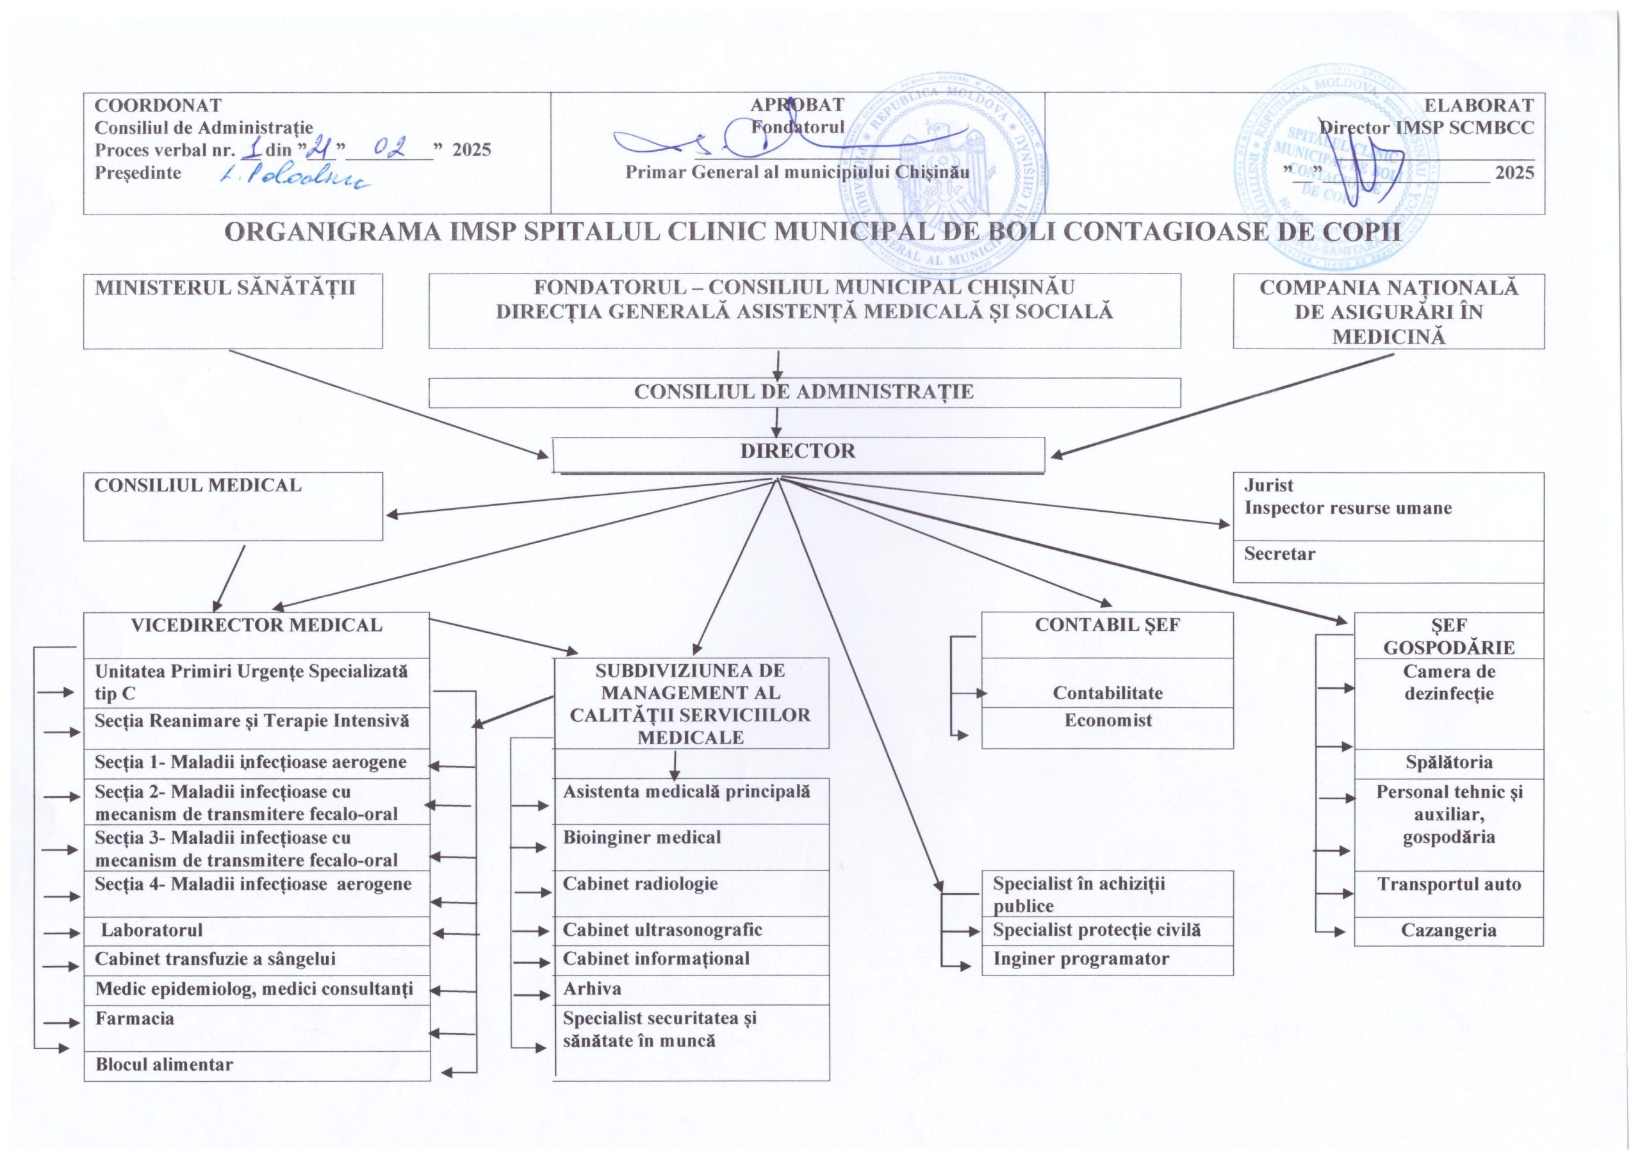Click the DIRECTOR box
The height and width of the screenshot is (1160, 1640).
tap(797, 452)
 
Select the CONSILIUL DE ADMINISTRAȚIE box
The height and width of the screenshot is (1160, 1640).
tap(803, 392)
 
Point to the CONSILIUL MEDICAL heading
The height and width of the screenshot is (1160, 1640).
tap(198, 486)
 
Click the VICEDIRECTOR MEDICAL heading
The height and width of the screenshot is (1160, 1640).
tap(256, 626)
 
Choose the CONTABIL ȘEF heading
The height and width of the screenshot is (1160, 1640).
tap(1107, 626)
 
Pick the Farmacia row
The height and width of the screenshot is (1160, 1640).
tap(135, 1018)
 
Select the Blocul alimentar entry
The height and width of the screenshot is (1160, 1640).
tap(164, 1065)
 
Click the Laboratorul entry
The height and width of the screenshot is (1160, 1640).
tap(151, 931)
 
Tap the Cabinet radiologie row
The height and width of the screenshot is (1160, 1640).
tap(640, 885)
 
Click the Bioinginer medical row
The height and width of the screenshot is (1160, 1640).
tap(642, 838)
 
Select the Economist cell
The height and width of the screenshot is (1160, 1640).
tap(1108, 721)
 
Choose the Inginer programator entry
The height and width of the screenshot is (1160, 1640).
tap(1081, 960)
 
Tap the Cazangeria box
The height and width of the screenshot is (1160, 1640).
tap(1448, 931)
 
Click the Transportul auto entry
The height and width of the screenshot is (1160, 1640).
tap(1448, 885)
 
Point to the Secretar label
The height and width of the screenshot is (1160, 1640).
tap(1279, 554)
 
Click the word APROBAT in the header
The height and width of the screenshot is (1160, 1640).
tap(797, 106)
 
